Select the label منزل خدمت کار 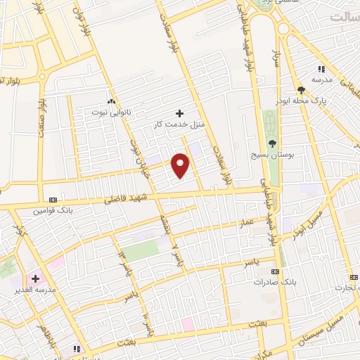point(179,124)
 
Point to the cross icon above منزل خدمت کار point(179,113)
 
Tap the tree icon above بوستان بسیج point(272,143)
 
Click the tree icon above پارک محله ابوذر point(301,89)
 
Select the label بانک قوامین point(52,210)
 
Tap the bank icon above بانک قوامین point(53,199)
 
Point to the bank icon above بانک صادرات point(275,271)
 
